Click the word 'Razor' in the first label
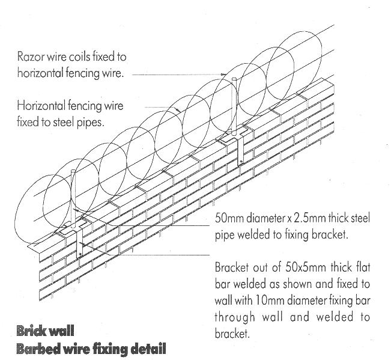[31, 58]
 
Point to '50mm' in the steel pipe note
[228, 219]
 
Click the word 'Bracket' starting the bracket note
[231, 266]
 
